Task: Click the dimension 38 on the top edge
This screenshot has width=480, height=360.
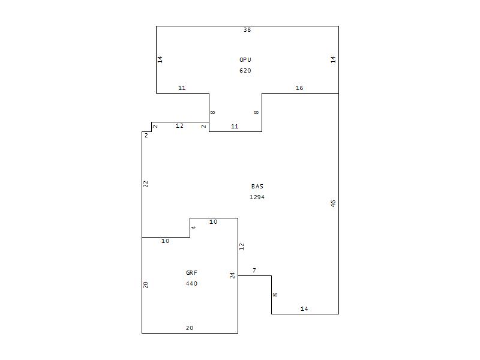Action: pos(247,29)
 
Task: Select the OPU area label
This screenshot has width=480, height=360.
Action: pos(245,59)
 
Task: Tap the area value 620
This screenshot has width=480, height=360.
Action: pos(245,71)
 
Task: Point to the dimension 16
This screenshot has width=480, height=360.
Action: pos(299,88)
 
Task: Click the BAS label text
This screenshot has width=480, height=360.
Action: pos(257,187)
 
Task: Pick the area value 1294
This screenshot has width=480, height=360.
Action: pos(257,197)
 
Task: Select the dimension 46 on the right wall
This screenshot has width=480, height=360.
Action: pos(333,203)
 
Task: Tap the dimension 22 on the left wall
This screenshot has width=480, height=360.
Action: pos(146,184)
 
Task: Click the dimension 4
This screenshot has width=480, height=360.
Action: pos(193,227)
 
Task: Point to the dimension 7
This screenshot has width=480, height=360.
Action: pos(254,271)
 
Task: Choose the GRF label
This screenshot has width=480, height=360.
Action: pos(191,273)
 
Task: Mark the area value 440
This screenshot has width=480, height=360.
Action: pos(191,284)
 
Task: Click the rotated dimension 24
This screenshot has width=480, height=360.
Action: pos(233,275)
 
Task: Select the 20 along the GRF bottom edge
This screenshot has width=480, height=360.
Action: pos(190,328)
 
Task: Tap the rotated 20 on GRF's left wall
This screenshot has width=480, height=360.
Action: pos(146,284)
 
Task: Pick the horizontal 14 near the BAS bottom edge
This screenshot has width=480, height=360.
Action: pos(304,309)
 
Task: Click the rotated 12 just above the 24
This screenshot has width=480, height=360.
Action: pos(242,247)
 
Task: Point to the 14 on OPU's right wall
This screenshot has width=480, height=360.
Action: pos(333,59)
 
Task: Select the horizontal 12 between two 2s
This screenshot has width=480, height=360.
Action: pos(179,126)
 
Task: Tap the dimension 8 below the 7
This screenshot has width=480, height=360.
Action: pos(275,295)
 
